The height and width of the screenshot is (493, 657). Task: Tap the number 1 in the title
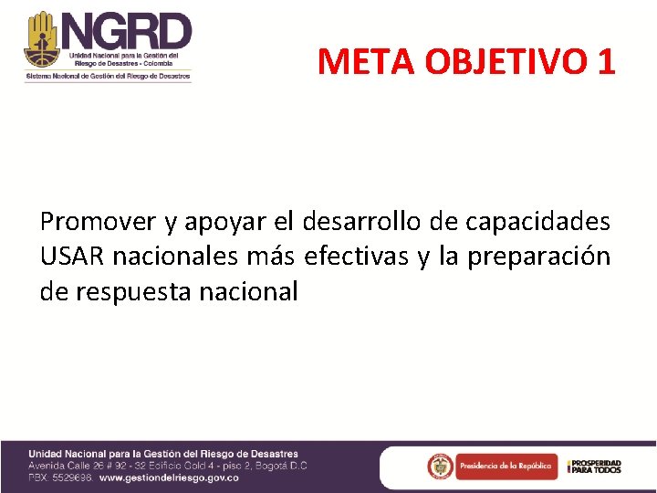607,62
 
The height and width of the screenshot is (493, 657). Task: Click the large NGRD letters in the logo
127,33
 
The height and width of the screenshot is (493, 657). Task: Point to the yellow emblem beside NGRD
41,38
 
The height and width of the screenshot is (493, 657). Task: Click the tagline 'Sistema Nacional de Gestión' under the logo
108,78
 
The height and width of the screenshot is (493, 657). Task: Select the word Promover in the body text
98,222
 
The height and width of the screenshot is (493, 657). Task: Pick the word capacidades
537,222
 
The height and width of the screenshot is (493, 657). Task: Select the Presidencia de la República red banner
505,467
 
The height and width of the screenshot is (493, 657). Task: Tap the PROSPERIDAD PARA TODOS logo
594,467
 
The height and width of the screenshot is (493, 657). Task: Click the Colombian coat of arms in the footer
440,467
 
